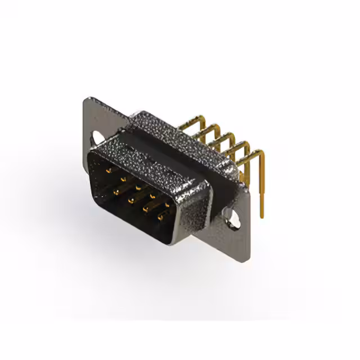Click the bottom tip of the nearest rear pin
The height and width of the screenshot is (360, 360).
coord(261,216)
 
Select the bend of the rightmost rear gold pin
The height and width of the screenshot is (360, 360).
coord(258,152)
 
